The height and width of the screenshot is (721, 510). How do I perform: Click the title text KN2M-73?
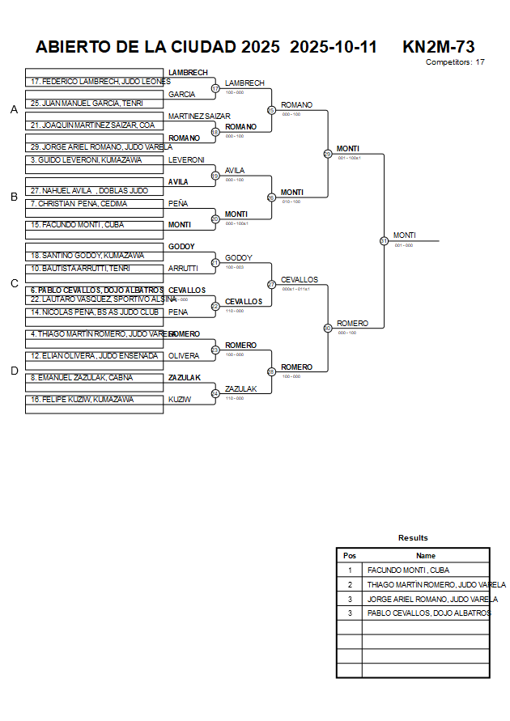(x=438, y=47)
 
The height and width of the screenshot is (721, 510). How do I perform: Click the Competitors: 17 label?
(x=455, y=61)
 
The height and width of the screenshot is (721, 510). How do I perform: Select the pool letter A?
(x=14, y=110)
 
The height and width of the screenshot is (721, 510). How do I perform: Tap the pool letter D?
(x=14, y=371)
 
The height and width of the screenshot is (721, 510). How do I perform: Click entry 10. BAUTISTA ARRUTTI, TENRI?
(x=81, y=268)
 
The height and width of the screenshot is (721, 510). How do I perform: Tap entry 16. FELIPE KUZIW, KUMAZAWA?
(x=80, y=400)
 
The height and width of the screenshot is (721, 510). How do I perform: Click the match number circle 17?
(x=215, y=88)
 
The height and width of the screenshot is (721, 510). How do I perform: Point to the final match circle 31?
(x=384, y=240)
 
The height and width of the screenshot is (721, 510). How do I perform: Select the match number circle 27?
(x=271, y=284)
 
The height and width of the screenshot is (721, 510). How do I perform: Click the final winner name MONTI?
(x=405, y=235)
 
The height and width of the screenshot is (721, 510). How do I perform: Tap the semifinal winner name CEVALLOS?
(x=300, y=280)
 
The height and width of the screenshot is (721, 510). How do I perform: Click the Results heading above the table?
(x=413, y=538)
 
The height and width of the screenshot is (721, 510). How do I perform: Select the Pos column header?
(x=350, y=556)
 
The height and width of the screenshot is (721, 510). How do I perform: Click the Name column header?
(x=426, y=556)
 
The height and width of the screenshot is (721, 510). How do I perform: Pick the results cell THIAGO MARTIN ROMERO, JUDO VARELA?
(x=436, y=585)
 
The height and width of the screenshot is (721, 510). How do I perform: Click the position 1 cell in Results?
(x=350, y=570)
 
